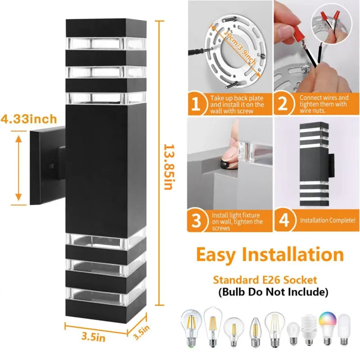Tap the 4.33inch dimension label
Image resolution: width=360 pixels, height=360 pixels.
tap(29, 119)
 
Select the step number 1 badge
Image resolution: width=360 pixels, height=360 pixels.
tap(196, 104)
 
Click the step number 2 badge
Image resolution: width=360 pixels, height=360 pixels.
tap(283, 104)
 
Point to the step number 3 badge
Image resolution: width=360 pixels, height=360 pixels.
tap(196, 220)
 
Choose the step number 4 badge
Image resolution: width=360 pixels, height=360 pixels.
tap(284, 220)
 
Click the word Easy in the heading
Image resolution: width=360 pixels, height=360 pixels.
tap(216, 255)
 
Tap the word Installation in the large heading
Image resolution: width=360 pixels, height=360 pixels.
tap(293, 254)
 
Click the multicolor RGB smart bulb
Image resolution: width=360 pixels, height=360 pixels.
tap(328, 328)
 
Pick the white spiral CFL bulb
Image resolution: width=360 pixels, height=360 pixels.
tap(309, 330)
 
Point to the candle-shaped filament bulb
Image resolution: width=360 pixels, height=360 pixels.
tap(255, 332)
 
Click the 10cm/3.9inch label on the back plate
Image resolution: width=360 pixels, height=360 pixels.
tap(239, 47)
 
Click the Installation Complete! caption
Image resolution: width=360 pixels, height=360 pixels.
tap(328, 220)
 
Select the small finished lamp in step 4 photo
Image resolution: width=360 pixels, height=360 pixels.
tap(316, 164)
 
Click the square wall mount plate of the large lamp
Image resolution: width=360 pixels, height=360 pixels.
tap(48, 165)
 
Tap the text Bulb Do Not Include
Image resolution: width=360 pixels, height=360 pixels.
tap(273, 292)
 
